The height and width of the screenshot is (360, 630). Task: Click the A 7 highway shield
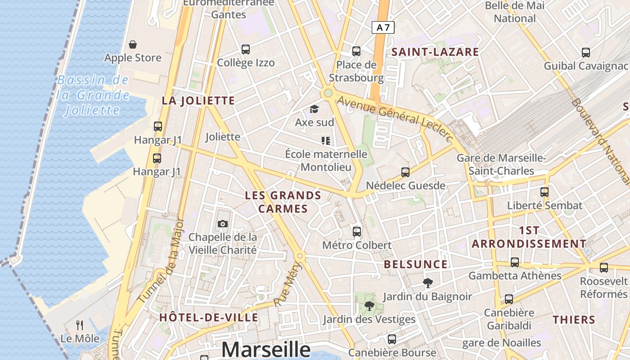point(383,27)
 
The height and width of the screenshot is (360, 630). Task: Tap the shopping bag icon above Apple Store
point(133,45)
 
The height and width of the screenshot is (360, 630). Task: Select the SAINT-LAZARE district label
point(435,52)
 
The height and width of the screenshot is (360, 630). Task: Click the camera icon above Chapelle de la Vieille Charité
point(222,224)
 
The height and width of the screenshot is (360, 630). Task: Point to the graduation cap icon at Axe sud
point(314,109)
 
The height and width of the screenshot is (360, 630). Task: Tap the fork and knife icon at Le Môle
point(80,325)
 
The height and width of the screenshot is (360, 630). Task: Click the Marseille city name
point(266,349)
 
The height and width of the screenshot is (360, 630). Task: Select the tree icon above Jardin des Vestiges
point(369,306)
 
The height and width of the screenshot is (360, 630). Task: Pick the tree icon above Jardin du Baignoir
point(427,283)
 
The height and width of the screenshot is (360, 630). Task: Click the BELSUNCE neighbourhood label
point(416,264)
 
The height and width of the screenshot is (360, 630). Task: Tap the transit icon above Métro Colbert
point(357,232)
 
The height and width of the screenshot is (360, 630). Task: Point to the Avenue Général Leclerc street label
point(394,118)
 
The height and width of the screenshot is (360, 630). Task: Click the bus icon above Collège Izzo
point(246,49)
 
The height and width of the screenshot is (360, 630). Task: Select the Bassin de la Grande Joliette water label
point(93,95)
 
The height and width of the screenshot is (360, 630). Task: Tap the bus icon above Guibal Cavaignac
point(586,52)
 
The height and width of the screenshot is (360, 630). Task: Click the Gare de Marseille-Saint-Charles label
point(501,164)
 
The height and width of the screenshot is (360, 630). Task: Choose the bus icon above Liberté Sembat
point(544,192)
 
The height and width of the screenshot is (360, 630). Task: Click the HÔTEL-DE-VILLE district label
point(209,317)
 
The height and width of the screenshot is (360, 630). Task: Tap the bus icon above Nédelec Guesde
point(405,172)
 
